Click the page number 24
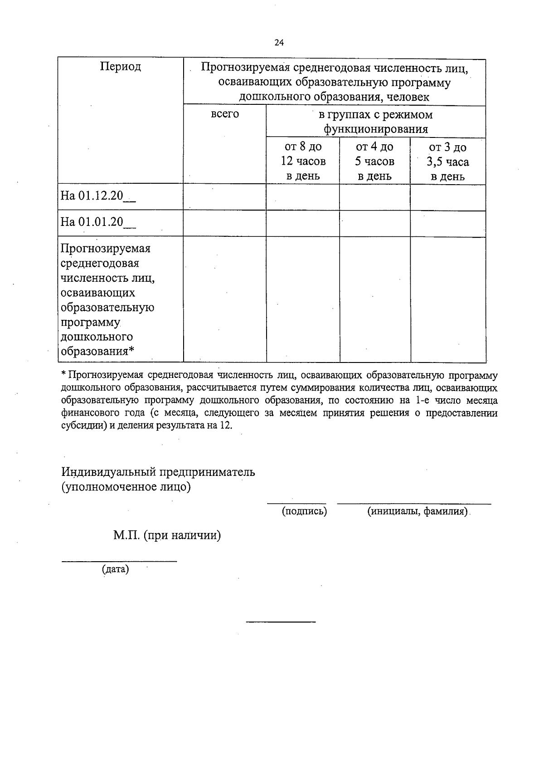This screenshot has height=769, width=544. pyautogui.click(x=279, y=43)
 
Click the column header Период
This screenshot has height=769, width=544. pyautogui.click(x=121, y=67)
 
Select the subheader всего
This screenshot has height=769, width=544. pyautogui.click(x=225, y=114)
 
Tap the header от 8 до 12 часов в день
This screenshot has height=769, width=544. pyautogui.click(x=303, y=161)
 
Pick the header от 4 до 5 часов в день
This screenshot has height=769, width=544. pyautogui.click(x=374, y=161)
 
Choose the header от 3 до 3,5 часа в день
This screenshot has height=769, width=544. pyautogui.click(x=447, y=162)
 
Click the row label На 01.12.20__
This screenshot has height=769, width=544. pyautogui.click(x=98, y=196)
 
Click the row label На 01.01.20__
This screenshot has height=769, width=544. pyautogui.click(x=98, y=222)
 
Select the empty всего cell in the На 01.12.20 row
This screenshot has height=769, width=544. pyautogui.click(x=225, y=196)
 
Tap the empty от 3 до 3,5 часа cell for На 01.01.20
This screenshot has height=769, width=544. pyautogui.click(x=448, y=223)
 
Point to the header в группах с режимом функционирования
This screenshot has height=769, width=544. pyautogui.click(x=375, y=122)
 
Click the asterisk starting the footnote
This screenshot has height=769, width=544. pyautogui.click(x=63, y=375)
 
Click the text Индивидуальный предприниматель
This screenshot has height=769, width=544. pyautogui.click(x=158, y=472)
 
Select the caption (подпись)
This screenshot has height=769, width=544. pyautogui.click(x=304, y=511)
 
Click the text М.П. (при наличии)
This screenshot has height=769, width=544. pyautogui.click(x=167, y=535)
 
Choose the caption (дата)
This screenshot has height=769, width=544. pyautogui.click(x=116, y=569)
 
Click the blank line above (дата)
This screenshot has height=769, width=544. pyautogui.click(x=119, y=561)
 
